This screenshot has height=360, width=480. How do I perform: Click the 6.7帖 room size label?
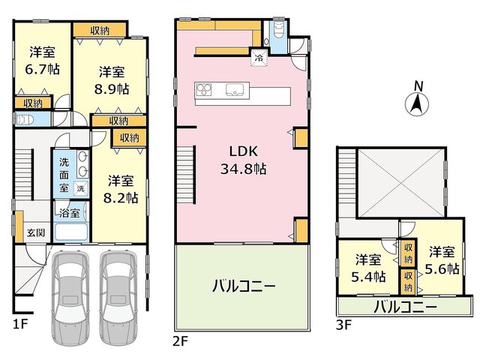(42, 69)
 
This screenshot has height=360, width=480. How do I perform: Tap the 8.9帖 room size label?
(112, 89)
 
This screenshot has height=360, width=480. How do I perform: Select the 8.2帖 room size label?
(120, 198)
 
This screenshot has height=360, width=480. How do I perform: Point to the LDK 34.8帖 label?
(243, 160)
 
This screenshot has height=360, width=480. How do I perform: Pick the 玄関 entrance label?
(36, 233)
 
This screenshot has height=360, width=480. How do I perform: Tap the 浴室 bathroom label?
(70, 213)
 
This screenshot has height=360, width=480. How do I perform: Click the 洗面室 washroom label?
(64, 175)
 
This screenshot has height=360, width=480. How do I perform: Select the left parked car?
(70, 298)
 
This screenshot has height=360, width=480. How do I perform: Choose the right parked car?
(118, 298)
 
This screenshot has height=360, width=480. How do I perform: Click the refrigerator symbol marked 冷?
(259, 57)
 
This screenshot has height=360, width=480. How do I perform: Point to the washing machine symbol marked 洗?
(80, 188)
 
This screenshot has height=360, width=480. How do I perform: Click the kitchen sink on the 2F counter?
(235, 89)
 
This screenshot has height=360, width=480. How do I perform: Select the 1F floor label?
(20, 323)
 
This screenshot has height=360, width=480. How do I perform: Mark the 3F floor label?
(343, 325)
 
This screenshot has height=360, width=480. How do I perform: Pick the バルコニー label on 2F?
(244, 286)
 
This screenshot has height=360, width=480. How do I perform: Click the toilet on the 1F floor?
(25, 120)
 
